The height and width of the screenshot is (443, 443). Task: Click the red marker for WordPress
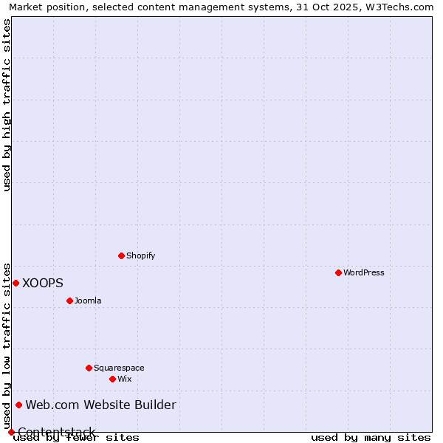tap(338, 272)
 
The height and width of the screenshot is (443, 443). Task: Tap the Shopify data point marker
tap(121, 255)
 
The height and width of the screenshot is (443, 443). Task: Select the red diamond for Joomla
tap(69, 301)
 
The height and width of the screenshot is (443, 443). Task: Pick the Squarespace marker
tap(89, 368)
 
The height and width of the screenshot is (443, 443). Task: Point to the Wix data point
tap(112, 379)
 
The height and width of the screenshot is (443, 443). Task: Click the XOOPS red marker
tap(16, 283)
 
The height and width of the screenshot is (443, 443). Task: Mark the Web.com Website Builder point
tap(19, 405)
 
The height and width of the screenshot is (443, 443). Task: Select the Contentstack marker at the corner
tap(11, 432)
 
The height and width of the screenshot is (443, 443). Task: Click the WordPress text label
tap(364, 272)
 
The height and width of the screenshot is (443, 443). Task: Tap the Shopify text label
tap(140, 255)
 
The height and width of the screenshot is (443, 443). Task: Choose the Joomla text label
tap(88, 301)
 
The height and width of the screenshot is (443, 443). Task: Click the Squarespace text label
tap(119, 368)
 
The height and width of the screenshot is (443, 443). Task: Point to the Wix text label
tap(124, 379)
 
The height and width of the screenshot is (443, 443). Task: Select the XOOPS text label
tap(43, 283)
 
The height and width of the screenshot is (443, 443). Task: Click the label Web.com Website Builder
tap(101, 405)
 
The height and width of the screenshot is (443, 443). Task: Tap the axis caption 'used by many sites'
tap(371, 437)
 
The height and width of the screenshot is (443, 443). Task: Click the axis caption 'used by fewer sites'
tap(77, 437)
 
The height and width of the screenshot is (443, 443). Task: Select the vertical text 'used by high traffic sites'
tap(7, 105)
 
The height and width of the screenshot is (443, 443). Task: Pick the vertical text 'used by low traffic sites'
tap(7, 346)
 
